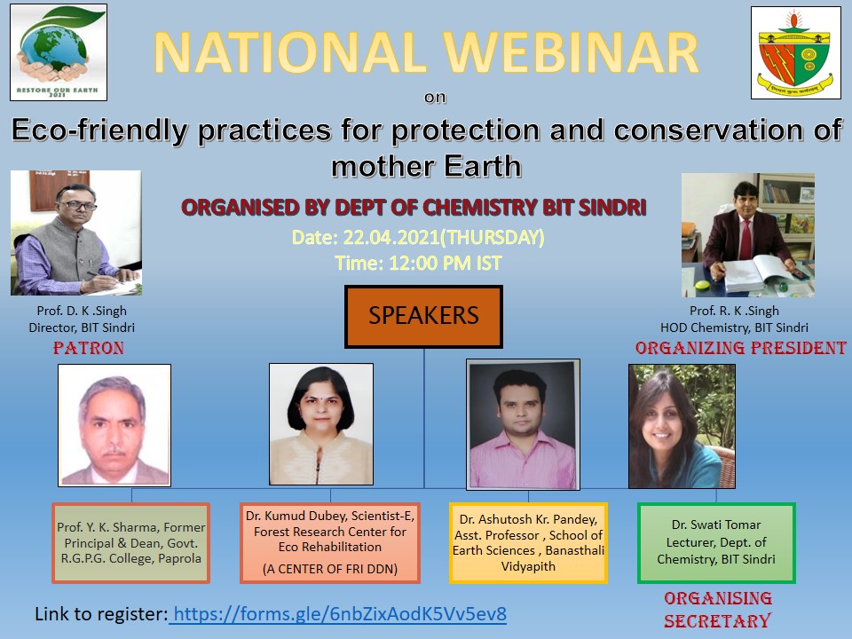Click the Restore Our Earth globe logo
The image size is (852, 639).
[59, 52]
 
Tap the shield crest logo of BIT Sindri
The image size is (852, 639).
[795, 52]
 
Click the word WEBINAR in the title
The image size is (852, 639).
[571, 52]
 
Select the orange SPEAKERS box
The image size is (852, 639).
[423, 316]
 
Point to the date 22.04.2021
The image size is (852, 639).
[391, 238]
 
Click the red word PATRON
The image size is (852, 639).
[89, 348]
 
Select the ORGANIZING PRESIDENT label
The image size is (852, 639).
[740, 348]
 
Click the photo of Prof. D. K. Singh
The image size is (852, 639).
[76, 233]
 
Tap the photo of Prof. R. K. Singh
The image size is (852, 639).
[747, 234]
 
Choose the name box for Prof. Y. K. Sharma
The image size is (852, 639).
[131, 543]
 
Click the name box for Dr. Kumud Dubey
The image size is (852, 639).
[330, 543]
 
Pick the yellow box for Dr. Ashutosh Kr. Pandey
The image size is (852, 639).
[528, 543]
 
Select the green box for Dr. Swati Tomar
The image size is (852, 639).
[716, 543]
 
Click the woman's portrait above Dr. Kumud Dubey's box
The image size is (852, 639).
[321, 424]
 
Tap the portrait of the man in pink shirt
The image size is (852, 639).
[523, 424]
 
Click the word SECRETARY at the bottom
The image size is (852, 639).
[717, 620]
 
